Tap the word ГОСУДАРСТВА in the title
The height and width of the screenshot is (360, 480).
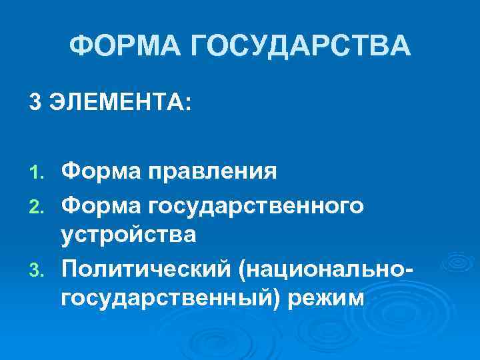tap(301, 47)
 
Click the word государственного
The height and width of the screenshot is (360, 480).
tap(259, 206)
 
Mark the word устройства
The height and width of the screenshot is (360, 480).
tap(129, 235)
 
